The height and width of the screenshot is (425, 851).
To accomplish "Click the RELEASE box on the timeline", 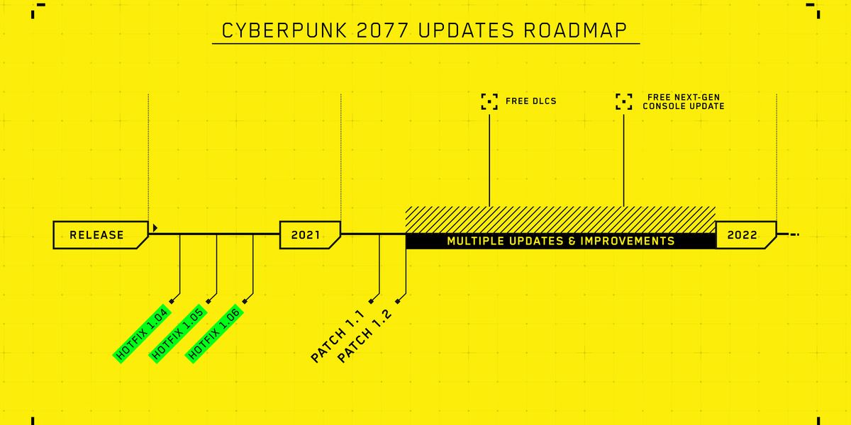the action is pyautogui.click(x=101, y=235).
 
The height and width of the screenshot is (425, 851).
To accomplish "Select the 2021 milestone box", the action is pyautogui.click(x=310, y=235).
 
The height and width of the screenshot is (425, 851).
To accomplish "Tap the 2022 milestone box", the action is pyautogui.click(x=746, y=235).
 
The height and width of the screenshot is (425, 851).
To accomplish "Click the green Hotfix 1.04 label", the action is pyautogui.click(x=142, y=334).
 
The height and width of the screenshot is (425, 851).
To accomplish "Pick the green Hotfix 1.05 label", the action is pyautogui.click(x=178, y=334).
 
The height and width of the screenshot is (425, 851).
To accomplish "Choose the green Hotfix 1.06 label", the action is pyautogui.click(x=215, y=334).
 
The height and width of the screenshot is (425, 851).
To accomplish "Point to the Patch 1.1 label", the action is pyautogui.click(x=338, y=336).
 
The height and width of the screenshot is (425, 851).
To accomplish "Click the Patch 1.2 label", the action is pyautogui.click(x=364, y=336).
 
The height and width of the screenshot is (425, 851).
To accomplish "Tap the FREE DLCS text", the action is pyautogui.click(x=530, y=101).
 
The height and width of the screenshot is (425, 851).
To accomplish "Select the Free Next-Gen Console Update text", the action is pyautogui.click(x=684, y=102).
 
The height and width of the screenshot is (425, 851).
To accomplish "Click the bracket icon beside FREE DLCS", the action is pyautogui.click(x=489, y=102).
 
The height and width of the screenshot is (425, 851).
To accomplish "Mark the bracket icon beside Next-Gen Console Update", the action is pyautogui.click(x=624, y=102).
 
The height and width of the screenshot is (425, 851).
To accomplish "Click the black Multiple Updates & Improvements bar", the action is pyautogui.click(x=561, y=241).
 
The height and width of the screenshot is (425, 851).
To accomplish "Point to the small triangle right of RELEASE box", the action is pyautogui.click(x=155, y=227).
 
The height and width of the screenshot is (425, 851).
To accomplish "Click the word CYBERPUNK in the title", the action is pyautogui.click(x=284, y=30).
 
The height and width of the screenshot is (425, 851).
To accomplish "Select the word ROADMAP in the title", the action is pyautogui.click(x=575, y=30).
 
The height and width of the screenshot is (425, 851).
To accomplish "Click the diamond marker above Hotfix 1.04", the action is pyautogui.click(x=172, y=301).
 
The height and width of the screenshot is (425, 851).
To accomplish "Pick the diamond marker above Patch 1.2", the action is pyautogui.click(x=398, y=301).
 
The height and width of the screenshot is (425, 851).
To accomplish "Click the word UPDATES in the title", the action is pyautogui.click(x=466, y=30).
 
